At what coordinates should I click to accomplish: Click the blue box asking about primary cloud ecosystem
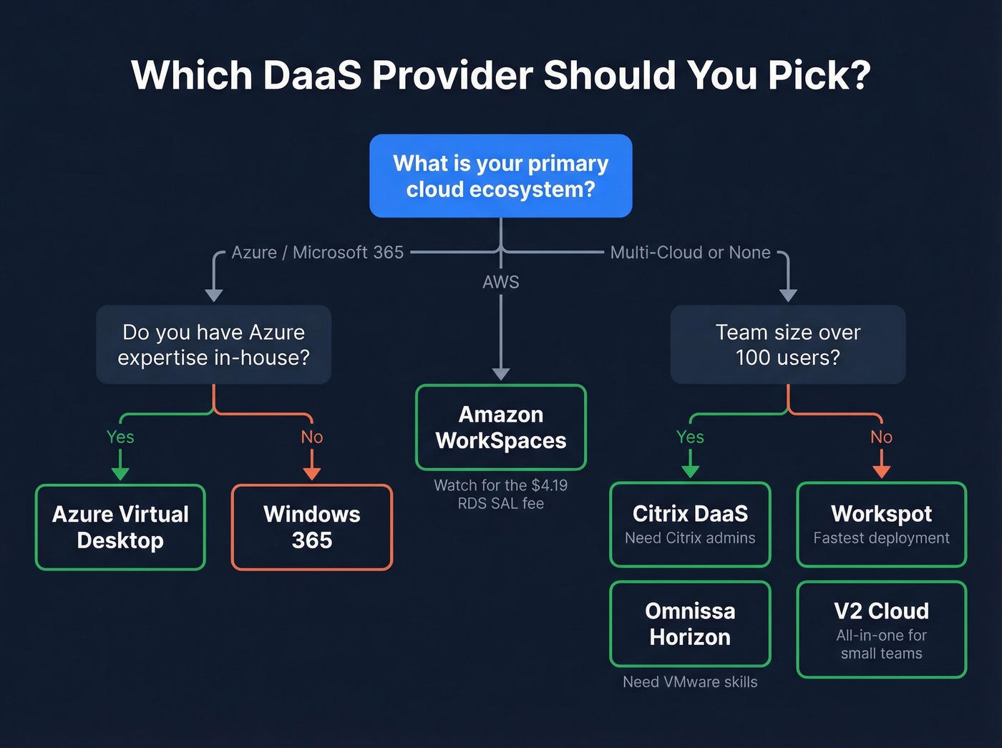(x=500, y=176)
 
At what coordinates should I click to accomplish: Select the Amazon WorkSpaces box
(x=500, y=427)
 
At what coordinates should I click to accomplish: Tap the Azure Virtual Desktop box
(x=120, y=527)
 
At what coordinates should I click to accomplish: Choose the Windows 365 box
(x=311, y=527)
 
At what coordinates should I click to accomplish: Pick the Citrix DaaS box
(x=690, y=524)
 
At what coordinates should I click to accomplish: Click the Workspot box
(x=881, y=524)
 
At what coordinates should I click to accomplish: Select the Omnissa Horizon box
(x=690, y=623)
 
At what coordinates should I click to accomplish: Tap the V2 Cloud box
(x=881, y=629)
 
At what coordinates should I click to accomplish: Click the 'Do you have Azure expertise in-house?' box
(x=213, y=344)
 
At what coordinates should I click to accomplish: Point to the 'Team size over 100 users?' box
(x=787, y=344)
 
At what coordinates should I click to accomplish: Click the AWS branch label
(x=500, y=282)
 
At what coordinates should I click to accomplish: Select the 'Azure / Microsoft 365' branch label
(x=317, y=253)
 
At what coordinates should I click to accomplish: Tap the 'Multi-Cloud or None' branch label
(x=690, y=253)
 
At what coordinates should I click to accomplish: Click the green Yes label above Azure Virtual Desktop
(x=120, y=437)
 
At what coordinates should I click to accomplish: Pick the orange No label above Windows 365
(x=311, y=437)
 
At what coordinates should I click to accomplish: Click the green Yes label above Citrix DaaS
(x=690, y=437)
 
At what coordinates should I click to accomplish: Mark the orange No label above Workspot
(x=881, y=437)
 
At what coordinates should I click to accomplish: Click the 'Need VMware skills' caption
(x=690, y=682)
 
